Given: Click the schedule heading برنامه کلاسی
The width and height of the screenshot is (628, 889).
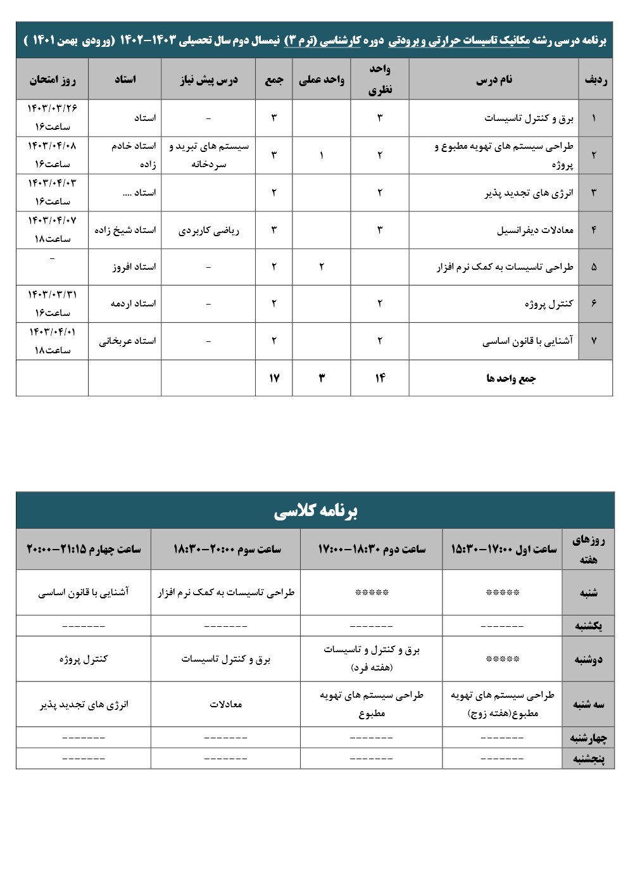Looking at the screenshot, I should (x=315, y=511).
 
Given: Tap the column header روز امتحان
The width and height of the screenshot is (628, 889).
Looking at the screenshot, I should (x=52, y=80).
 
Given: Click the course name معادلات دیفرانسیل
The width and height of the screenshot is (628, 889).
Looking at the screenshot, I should (x=535, y=230).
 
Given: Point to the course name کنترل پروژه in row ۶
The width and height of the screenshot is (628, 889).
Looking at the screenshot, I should (x=548, y=304).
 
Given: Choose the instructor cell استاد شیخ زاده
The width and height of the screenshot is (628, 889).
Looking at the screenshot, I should (x=125, y=230).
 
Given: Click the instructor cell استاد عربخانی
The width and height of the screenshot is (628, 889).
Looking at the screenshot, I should (x=127, y=341).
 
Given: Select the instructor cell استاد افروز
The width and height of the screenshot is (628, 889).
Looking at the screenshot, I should (x=134, y=267).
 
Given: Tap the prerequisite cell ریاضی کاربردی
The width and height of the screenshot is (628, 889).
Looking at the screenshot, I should (x=208, y=230).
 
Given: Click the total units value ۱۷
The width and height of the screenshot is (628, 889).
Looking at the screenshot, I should (x=273, y=378).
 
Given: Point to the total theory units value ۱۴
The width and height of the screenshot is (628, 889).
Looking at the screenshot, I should (x=379, y=378).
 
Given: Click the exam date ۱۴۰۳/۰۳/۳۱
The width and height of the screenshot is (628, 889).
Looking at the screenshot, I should (x=52, y=295).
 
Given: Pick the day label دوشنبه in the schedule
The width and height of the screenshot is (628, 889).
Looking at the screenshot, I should (x=588, y=660).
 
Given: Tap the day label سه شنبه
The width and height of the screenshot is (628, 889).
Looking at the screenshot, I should (x=588, y=705).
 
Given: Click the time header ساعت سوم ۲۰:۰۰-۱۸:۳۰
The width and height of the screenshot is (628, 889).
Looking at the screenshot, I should (x=226, y=549).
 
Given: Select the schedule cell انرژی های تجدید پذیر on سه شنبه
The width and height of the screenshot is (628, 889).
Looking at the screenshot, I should (x=84, y=705).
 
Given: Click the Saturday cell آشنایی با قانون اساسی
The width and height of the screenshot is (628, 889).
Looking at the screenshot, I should (x=84, y=593).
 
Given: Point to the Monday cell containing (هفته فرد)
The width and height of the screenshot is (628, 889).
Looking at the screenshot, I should (x=371, y=659).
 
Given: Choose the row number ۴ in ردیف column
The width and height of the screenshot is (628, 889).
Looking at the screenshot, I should (x=593, y=230).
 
